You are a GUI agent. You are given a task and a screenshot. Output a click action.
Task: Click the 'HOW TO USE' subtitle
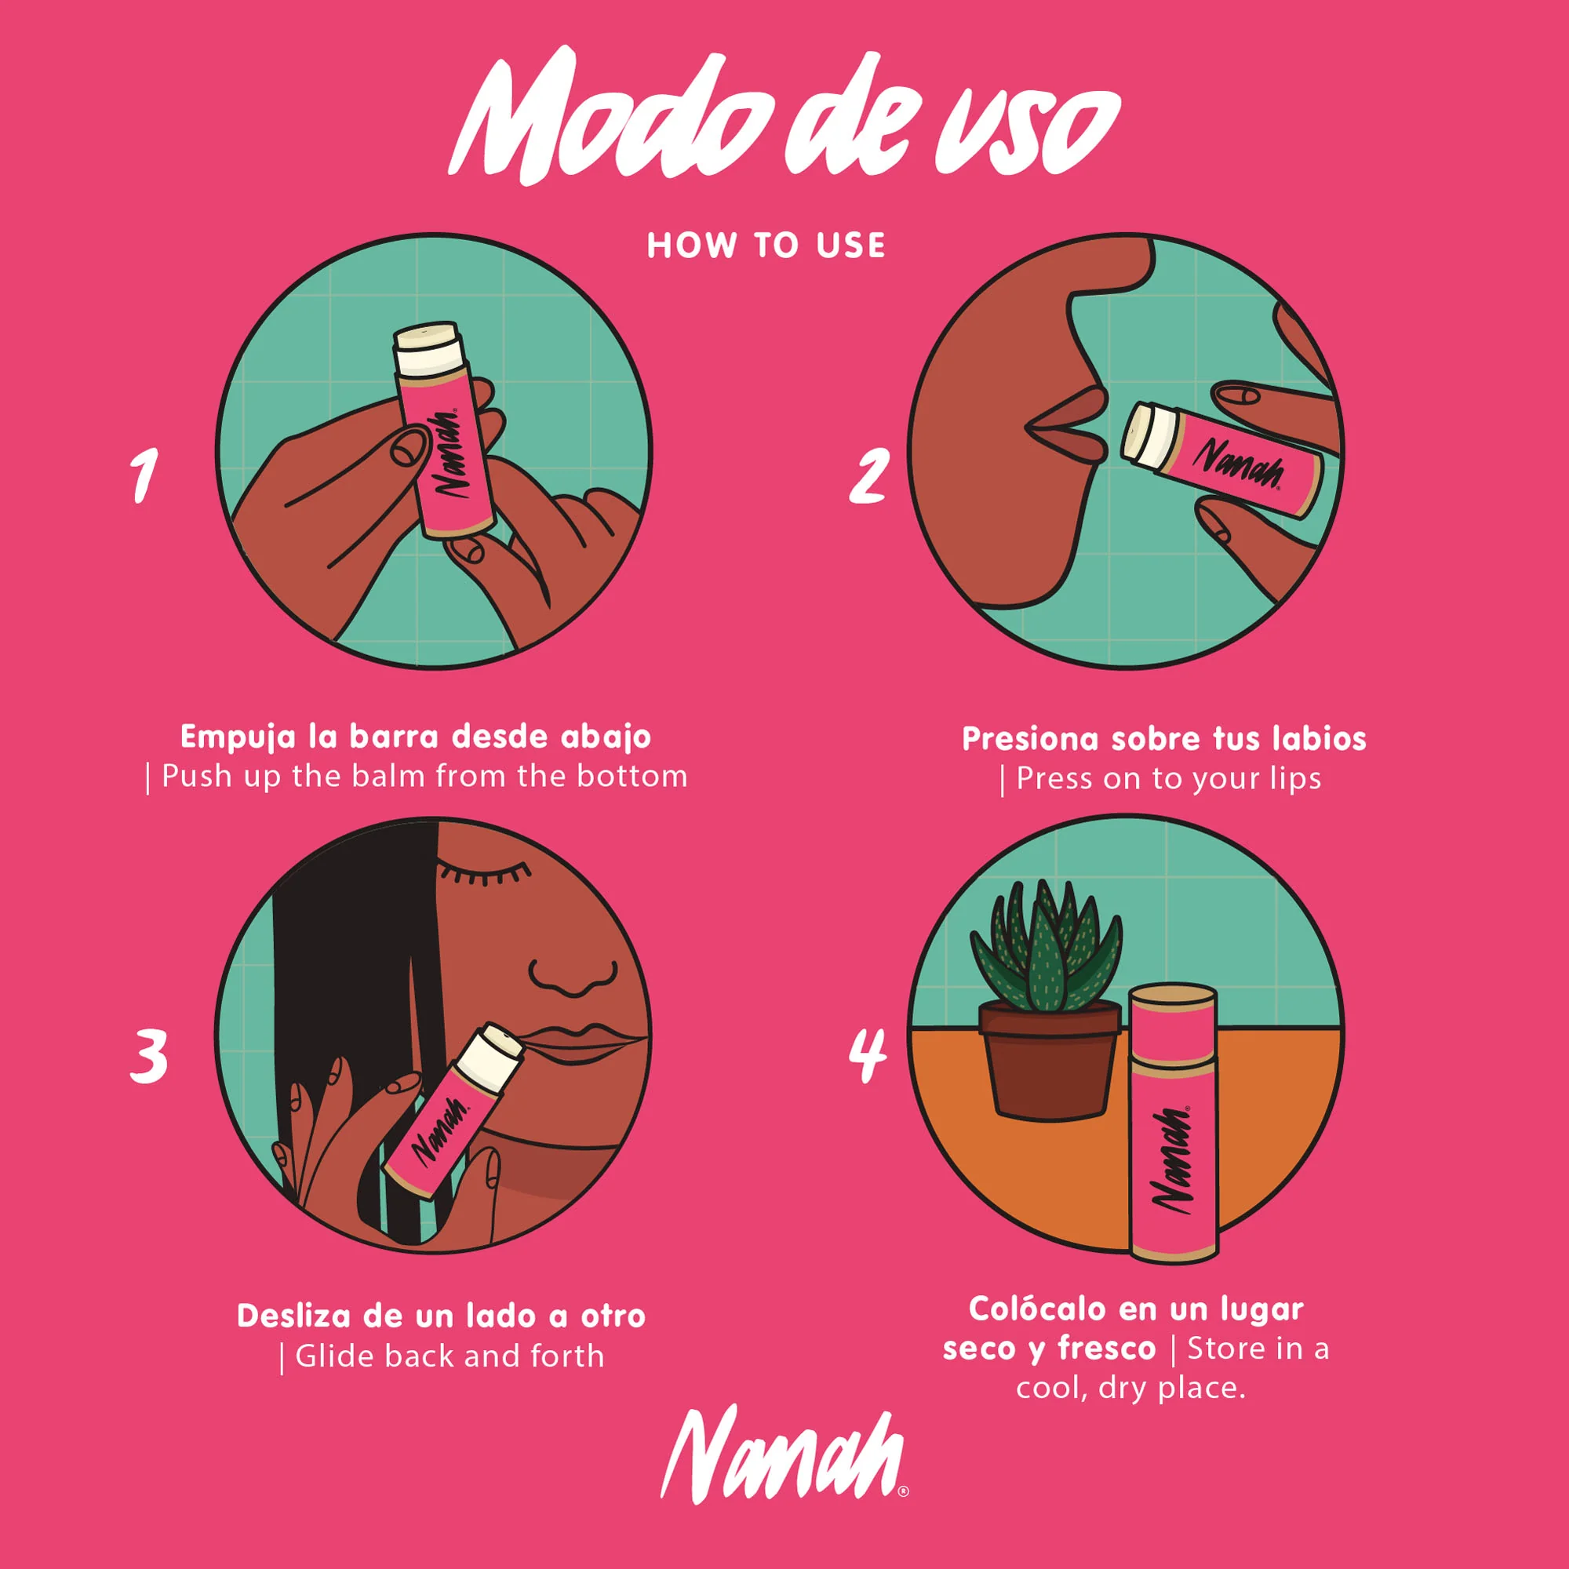[766, 246]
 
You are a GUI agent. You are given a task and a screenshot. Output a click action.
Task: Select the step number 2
[868, 476]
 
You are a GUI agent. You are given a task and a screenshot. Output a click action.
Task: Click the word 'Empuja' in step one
[238, 737]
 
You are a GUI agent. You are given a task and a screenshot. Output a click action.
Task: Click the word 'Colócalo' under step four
[1036, 1309]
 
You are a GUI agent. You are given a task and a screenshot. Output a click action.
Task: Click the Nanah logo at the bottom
[783, 1464]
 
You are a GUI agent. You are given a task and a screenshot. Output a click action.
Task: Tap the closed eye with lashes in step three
[482, 874]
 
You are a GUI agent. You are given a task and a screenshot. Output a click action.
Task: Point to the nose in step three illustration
[573, 974]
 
